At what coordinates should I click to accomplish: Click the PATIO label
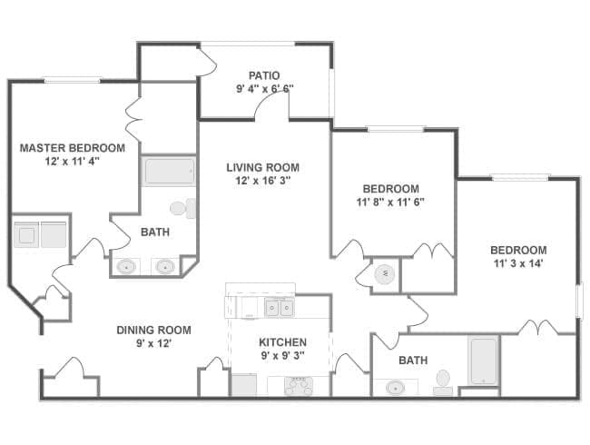pyautogui.click(x=263, y=75)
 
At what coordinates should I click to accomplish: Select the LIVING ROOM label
pyautogui.click(x=263, y=167)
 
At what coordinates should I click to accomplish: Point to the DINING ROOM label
pyautogui.click(x=152, y=330)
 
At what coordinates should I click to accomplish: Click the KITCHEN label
pyautogui.click(x=282, y=342)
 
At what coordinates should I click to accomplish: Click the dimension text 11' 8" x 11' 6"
pyautogui.click(x=390, y=202)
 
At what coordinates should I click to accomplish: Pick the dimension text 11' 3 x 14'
pyautogui.click(x=517, y=263)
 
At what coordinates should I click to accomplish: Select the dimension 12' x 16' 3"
pyautogui.click(x=263, y=180)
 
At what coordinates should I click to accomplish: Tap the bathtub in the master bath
pyautogui.click(x=168, y=172)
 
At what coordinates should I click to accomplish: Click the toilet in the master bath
pyautogui.click(x=180, y=208)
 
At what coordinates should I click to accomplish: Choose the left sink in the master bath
pyautogui.click(x=128, y=267)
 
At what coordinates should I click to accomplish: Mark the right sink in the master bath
pyautogui.click(x=164, y=267)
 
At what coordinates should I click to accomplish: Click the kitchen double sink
pyautogui.click(x=279, y=308)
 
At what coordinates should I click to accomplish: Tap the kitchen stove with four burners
pyautogui.click(x=299, y=385)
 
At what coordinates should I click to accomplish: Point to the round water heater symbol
pyautogui.click(x=382, y=272)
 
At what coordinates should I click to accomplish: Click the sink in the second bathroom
pyautogui.click(x=396, y=388)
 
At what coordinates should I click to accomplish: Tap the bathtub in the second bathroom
pyautogui.click(x=483, y=361)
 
